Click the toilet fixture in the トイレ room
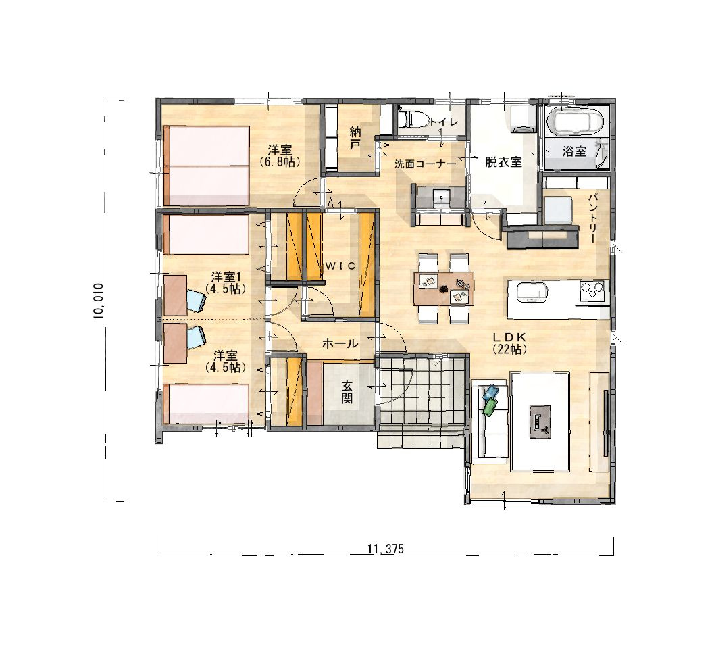412,119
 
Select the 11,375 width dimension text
385,549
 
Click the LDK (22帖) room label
510,343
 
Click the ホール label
340,343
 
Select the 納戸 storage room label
355,139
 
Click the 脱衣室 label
503,161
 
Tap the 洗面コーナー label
425,164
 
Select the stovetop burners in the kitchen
593,291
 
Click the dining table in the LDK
444,289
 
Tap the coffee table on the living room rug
540,422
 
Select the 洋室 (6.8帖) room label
280,155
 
